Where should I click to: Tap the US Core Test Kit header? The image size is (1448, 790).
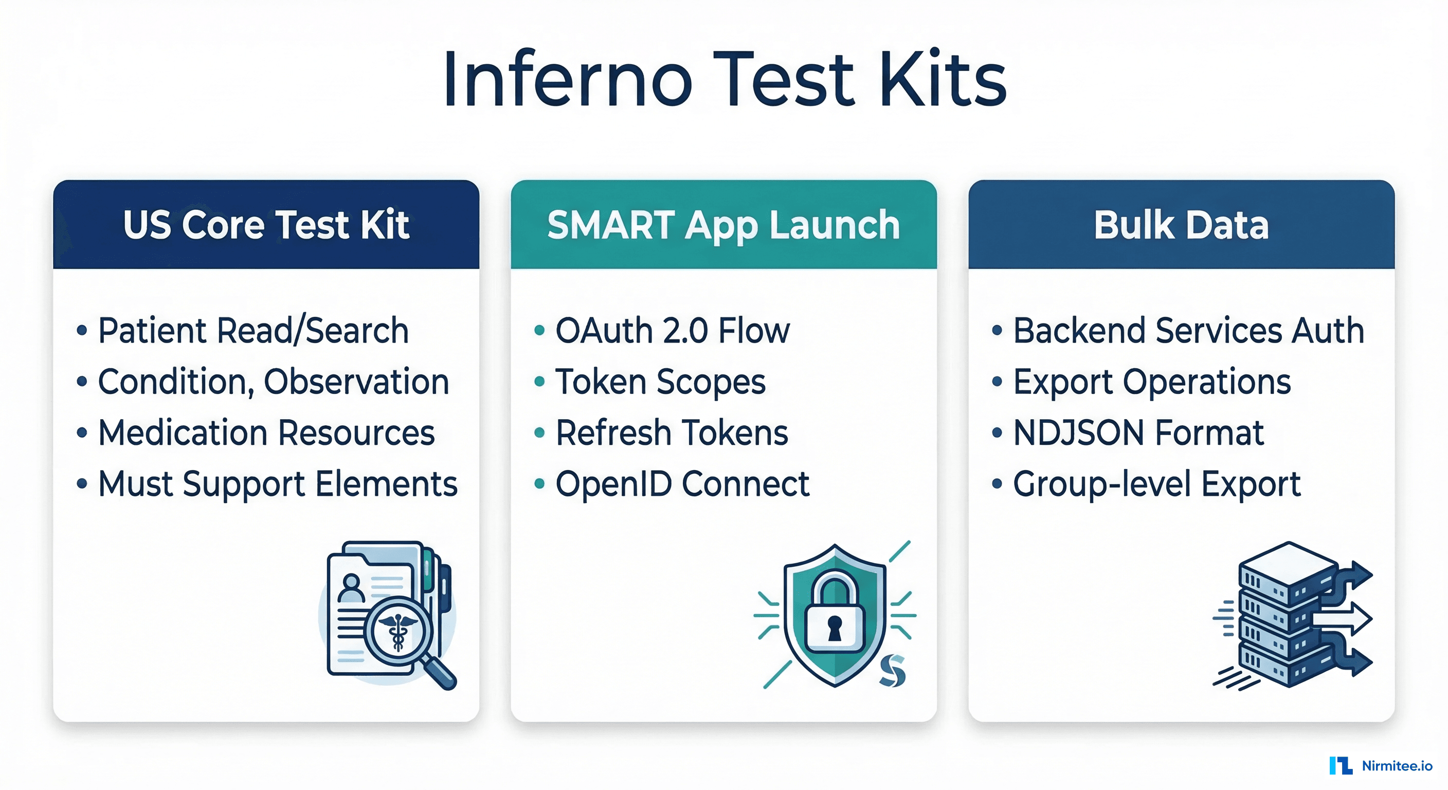[266, 225]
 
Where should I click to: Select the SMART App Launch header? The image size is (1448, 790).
[723, 225]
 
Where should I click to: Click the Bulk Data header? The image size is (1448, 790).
[1181, 225]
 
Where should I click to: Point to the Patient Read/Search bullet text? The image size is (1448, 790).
[253, 330]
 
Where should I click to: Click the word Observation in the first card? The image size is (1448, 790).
[356, 382]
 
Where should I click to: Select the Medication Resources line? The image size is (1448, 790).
[266, 433]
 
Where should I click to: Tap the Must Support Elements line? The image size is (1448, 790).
[278, 484]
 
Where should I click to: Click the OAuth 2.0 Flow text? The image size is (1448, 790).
[672, 330]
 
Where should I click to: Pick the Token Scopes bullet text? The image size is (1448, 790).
[660, 382]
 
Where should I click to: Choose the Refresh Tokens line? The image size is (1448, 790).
[672, 433]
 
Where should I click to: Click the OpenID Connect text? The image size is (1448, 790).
[682, 484]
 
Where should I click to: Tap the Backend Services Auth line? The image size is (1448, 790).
[1188, 330]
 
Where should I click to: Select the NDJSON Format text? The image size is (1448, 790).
[1138, 433]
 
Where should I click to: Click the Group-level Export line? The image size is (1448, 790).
[1156, 484]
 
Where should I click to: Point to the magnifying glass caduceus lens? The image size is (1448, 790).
[398, 631]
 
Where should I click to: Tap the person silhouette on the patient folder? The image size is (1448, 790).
[351, 587]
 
